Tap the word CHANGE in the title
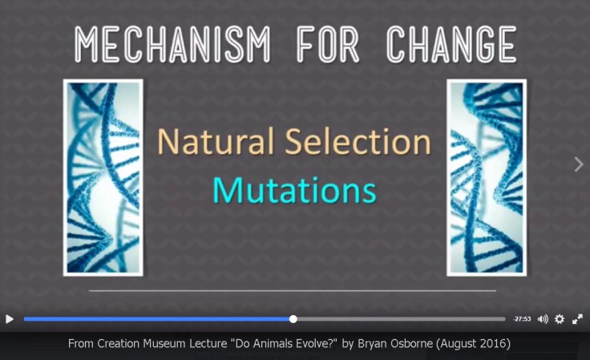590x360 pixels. (x=449, y=44)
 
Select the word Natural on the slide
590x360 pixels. (x=208, y=143)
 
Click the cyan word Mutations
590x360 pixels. (x=294, y=190)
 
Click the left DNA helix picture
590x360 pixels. (x=103, y=177)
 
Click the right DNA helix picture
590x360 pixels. (x=487, y=177)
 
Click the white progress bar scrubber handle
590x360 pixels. (x=293, y=319)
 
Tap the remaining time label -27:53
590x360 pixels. (x=522, y=319)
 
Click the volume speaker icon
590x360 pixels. (x=543, y=319)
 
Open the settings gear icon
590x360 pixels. (x=560, y=319)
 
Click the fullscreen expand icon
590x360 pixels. (x=577, y=319)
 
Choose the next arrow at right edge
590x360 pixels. (x=579, y=164)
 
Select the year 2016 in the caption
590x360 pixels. (x=493, y=344)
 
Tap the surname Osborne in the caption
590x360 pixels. (x=422, y=344)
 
